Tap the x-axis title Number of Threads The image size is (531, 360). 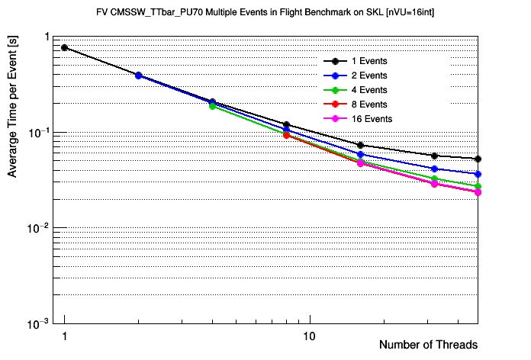(x=428, y=345)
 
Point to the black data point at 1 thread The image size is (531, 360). (x=65, y=47)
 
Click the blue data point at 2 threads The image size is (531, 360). (x=138, y=76)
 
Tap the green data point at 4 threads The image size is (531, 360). (x=212, y=106)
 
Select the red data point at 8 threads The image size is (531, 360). (x=286, y=135)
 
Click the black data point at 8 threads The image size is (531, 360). (x=286, y=124)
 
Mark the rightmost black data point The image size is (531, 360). (x=478, y=159)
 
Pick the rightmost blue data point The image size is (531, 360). (x=478, y=174)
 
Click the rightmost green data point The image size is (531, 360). (x=478, y=186)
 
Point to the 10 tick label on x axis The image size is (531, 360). (x=310, y=336)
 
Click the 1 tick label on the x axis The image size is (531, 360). (x=65, y=336)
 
